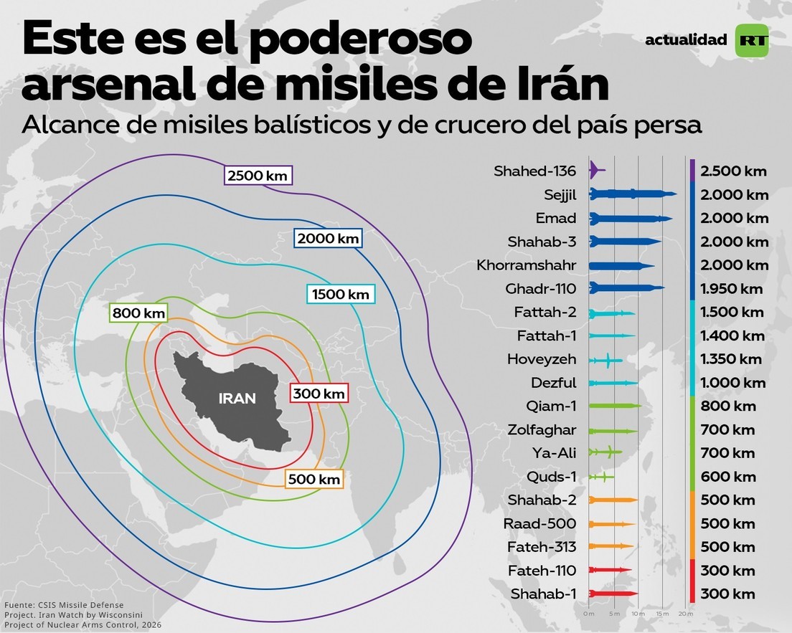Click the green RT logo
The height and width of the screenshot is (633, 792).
[752, 41]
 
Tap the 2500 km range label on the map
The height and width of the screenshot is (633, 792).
[258, 176]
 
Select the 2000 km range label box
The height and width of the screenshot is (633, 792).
[328, 238]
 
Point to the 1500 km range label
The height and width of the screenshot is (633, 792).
[341, 294]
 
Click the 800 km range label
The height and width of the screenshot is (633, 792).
[138, 313]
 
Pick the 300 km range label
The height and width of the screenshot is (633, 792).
[319, 394]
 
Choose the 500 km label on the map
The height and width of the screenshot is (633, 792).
[314, 479]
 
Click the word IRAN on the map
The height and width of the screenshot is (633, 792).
[237, 398]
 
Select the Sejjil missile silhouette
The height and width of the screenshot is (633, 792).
[632, 194]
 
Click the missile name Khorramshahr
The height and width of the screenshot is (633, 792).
[526, 265]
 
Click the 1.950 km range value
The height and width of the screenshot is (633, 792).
[732, 289]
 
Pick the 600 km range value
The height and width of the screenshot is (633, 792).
[728, 477]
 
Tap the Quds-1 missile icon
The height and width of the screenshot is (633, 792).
[600, 477]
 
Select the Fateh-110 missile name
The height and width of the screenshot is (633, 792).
[542, 571]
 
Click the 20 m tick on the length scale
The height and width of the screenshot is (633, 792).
[685, 614]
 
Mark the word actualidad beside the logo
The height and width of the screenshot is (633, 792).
[686, 40]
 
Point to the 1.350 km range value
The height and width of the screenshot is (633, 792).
[732, 359]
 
